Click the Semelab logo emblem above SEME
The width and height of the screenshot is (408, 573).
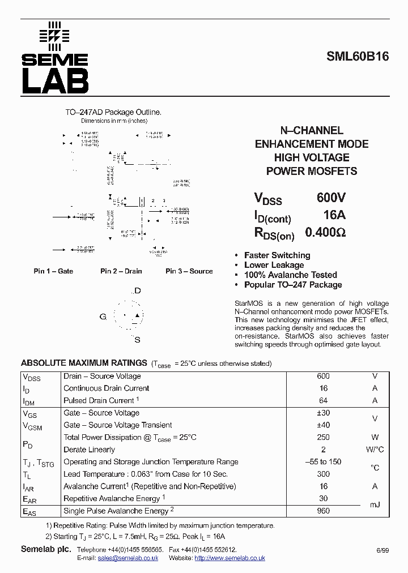tap(54, 34)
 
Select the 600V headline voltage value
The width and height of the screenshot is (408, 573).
tap(331, 198)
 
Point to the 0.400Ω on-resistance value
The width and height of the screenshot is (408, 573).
tap(325, 232)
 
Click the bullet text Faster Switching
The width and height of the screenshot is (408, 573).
tap(277, 255)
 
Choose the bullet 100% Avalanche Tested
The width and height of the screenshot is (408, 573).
tap(290, 275)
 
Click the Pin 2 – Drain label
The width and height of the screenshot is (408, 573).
tap(121, 271)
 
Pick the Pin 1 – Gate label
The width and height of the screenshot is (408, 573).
tap(53, 271)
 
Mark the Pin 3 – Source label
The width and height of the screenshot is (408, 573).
tap(189, 271)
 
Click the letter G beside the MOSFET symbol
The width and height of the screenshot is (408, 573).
tap(103, 317)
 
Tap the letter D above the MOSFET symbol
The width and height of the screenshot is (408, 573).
tap(137, 291)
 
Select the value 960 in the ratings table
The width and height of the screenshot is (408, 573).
tap(323, 511)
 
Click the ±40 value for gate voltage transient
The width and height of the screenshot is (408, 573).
tap(323, 425)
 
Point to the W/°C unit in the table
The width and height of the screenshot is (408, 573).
tap(375, 450)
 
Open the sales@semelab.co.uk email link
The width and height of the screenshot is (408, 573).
tap(127, 558)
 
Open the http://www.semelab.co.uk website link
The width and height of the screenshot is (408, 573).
tap(229, 558)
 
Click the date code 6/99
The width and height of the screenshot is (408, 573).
tap(382, 550)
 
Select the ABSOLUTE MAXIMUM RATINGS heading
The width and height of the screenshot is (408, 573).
tap(84, 363)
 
